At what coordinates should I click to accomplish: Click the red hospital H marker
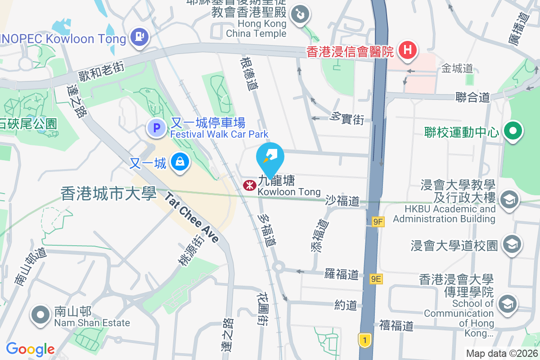(408, 49)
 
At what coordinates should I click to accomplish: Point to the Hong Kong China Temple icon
(298, 14)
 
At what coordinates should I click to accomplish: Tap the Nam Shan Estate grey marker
(40, 315)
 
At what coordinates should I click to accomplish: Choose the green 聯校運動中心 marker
(512, 131)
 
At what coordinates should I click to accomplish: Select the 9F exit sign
(378, 221)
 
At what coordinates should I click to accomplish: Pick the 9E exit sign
(377, 279)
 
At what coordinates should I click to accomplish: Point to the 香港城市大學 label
(108, 194)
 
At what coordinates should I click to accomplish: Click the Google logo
(30, 349)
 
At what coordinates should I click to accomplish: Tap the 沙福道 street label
(342, 201)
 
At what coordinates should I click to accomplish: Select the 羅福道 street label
(342, 274)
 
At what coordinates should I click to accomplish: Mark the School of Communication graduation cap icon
(508, 303)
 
